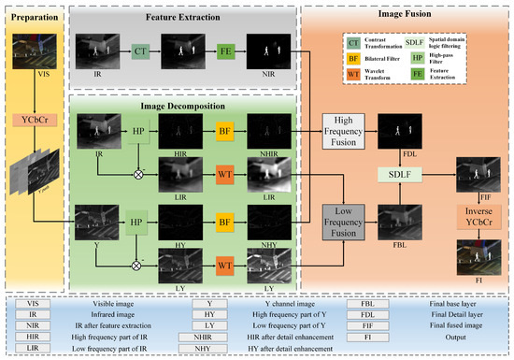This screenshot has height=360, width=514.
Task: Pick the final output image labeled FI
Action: coord(475,252)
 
